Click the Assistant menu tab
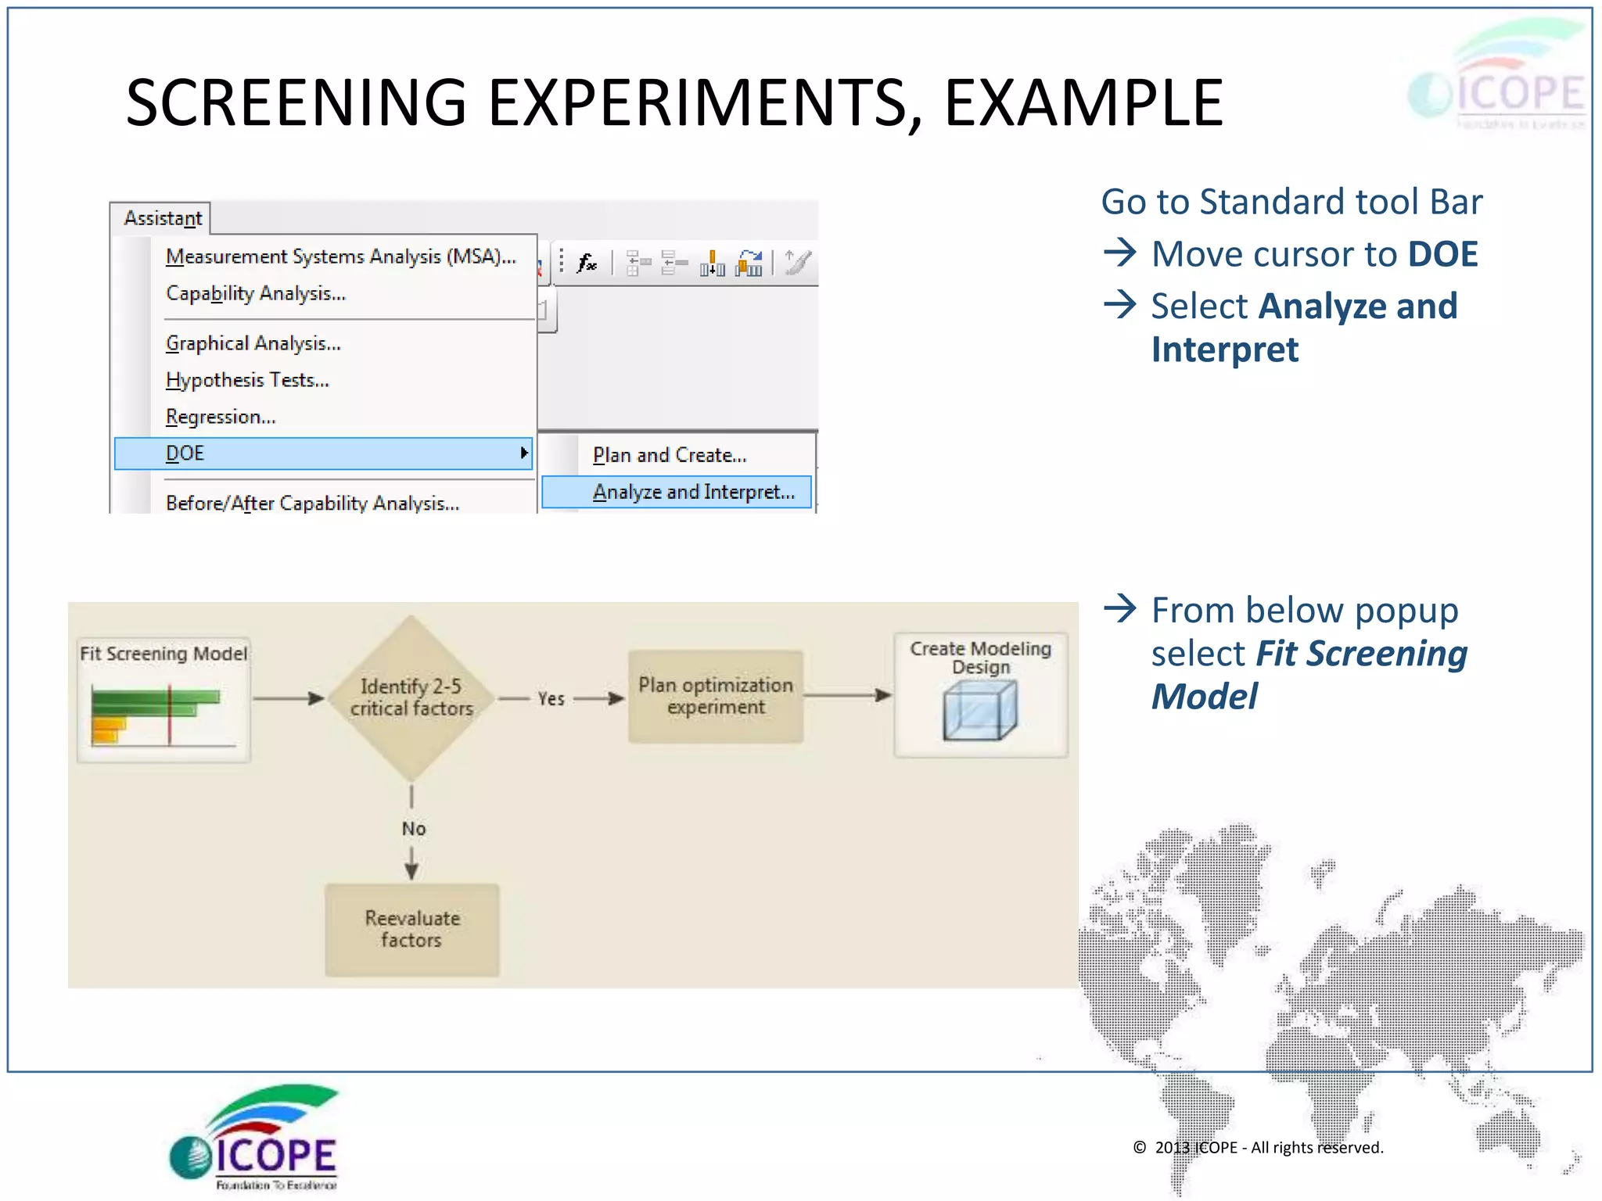[x=162, y=218]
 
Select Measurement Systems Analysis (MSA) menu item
[x=340, y=256]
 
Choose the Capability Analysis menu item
[x=256, y=293]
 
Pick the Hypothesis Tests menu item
[x=247, y=380]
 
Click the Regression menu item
[x=221, y=417]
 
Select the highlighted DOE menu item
[x=322, y=454]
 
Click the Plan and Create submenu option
[x=670, y=455]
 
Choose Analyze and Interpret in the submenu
[x=693, y=492]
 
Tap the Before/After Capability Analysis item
[x=312, y=503]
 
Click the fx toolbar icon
[x=587, y=263]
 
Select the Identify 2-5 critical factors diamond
[x=411, y=697]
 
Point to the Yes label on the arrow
[x=551, y=698]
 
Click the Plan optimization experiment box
[x=716, y=696]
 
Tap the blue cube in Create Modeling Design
[x=980, y=710]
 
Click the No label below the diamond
[x=414, y=828]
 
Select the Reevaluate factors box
[x=412, y=929]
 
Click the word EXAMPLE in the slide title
[x=1083, y=103]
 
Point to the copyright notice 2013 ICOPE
[x=1259, y=1147]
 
